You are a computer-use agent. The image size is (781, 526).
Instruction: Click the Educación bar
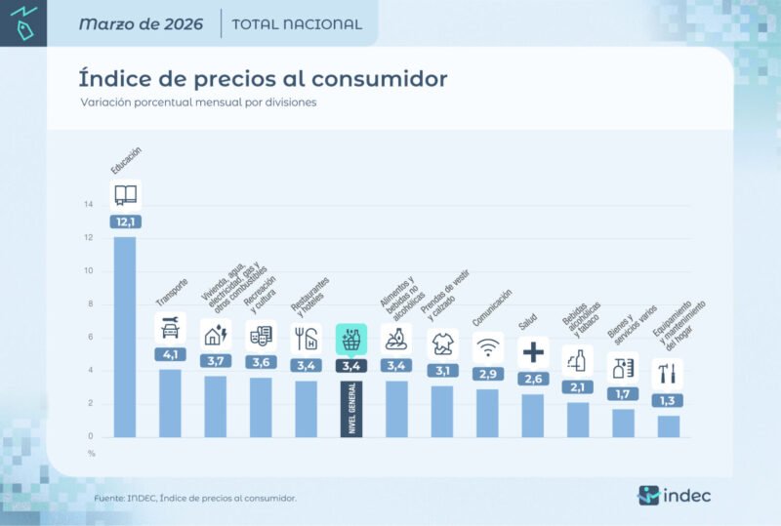click(x=125, y=337)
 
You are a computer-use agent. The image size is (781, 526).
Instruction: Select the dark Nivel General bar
click(x=351, y=408)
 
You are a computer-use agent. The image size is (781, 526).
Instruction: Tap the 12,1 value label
click(x=125, y=222)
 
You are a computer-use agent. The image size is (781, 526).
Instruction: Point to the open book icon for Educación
click(x=125, y=194)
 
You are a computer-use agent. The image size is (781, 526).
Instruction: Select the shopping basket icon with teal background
click(x=351, y=339)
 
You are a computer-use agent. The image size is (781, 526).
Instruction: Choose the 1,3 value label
click(x=668, y=400)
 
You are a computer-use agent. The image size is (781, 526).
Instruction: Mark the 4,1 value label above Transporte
click(x=170, y=355)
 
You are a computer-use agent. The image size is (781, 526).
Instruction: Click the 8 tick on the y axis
click(x=89, y=304)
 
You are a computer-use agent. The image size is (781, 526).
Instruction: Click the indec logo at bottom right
click(x=675, y=495)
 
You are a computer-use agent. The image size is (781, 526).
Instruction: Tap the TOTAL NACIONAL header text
click(x=297, y=24)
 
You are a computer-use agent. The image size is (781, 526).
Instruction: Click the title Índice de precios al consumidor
click(x=263, y=77)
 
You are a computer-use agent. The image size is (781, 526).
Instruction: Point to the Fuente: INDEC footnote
click(x=195, y=498)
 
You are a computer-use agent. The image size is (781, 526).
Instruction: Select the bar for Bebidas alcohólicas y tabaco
click(x=578, y=420)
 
